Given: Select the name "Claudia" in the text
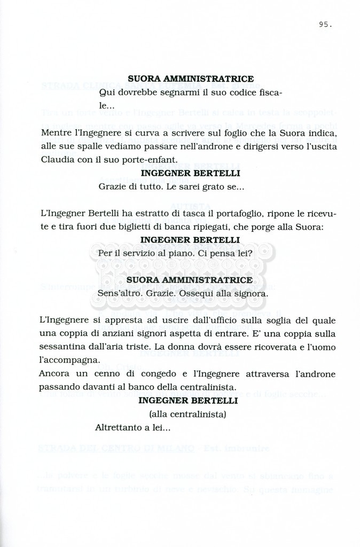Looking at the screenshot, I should [57, 160].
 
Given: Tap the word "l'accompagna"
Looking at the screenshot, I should [69, 360].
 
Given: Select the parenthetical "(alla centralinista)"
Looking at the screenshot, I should [187, 414].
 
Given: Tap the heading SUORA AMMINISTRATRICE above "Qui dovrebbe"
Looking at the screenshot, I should [190, 79].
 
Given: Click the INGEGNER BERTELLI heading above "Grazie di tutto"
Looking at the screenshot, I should [190, 173].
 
